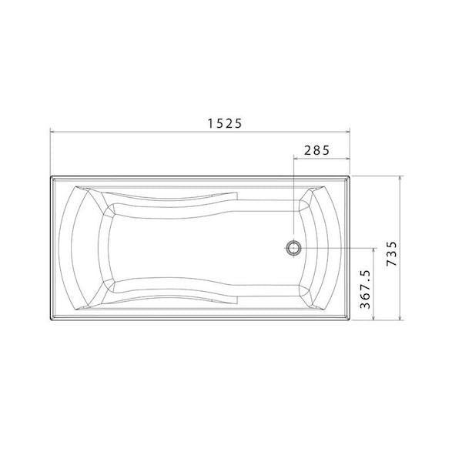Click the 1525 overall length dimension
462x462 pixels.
tap(221, 122)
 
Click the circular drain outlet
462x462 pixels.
tap(293, 247)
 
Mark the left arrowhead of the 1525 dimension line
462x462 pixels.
tap(52, 132)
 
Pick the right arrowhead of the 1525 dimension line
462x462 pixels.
tap(350, 132)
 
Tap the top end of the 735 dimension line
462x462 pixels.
tap(401, 176)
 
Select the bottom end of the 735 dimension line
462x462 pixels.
tap(401, 319)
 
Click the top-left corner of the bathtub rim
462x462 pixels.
tap(52, 176)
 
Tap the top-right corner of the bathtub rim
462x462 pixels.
tap(350, 176)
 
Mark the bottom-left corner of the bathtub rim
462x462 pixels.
tap(52, 319)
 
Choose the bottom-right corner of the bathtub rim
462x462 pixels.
tap(350, 319)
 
